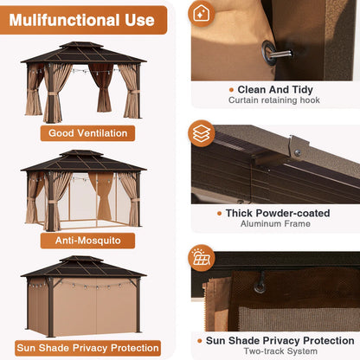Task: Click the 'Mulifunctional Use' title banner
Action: point(83,20)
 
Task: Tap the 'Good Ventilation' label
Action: point(87,133)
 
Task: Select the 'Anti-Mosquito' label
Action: point(87,241)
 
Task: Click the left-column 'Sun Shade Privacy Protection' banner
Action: point(87,348)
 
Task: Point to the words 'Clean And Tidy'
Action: point(275,89)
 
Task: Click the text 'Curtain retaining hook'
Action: point(274,100)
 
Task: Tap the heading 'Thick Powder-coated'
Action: point(278,213)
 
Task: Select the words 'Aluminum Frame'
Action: point(275,223)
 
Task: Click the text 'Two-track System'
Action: point(280,351)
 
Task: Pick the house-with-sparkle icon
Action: point(202,14)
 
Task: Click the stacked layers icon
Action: point(202,133)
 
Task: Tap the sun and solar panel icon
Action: point(202,258)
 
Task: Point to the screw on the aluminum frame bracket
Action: point(297,152)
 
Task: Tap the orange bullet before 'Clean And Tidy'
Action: point(231,90)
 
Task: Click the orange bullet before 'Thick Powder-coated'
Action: point(220,214)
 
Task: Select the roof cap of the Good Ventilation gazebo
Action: point(81,45)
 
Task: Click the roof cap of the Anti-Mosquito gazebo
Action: point(81,153)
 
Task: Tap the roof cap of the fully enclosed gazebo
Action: point(81,259)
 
